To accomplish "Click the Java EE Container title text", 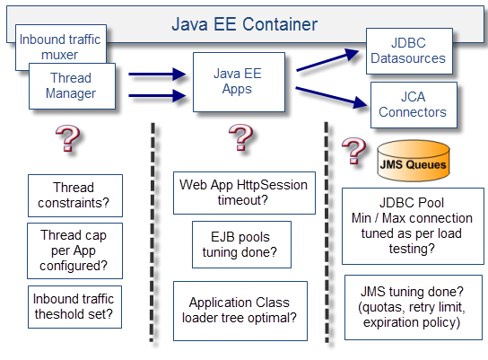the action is tap(245, 24).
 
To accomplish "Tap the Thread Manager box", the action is tap(72, 86).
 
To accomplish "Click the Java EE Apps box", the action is tap(239, 82).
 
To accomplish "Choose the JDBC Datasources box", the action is tap(409, 51).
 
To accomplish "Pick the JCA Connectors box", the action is tap(414, 105).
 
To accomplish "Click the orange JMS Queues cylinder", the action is tap(414, 161).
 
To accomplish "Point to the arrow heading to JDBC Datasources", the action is tap(327, 60).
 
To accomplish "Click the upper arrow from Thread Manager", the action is tap(158, 75).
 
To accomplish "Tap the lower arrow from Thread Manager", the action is tap(158, 95).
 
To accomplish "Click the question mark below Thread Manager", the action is tap(67, 138).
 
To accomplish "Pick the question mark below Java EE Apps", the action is tap(240, 137).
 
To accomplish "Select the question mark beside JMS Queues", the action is tap(353, 151).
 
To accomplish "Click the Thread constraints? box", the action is tap(75, 196).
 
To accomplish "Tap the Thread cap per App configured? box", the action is tap(74, 250).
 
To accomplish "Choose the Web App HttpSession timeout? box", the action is tap(244, 193).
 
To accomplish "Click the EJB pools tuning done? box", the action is tap(241, 244).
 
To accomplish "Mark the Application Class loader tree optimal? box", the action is tap(240, 311).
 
